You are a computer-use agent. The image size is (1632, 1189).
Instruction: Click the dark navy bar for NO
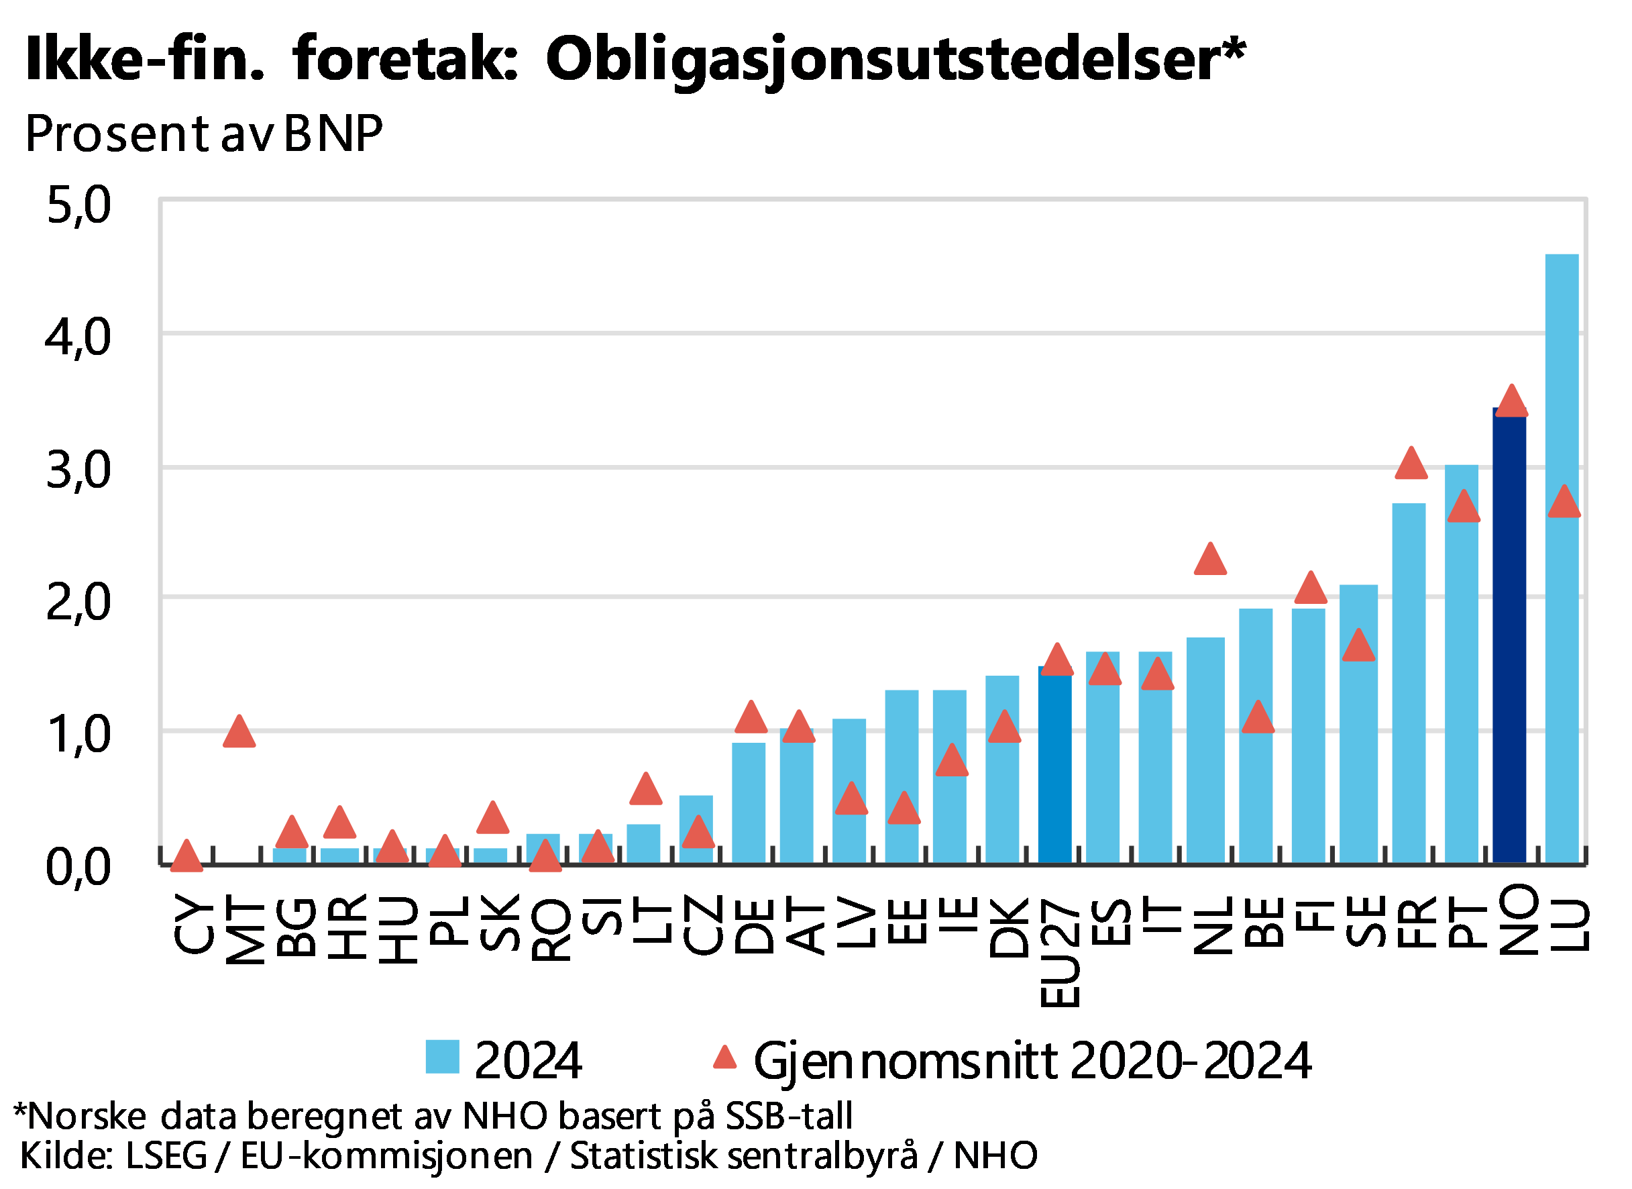click(1509, 648)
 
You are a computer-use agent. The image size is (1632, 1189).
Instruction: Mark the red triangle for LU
click(1564, 503)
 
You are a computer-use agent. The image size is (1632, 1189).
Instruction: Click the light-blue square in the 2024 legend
click(442, 1057)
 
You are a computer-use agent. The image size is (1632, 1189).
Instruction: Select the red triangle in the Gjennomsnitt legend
click(724, 1057)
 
